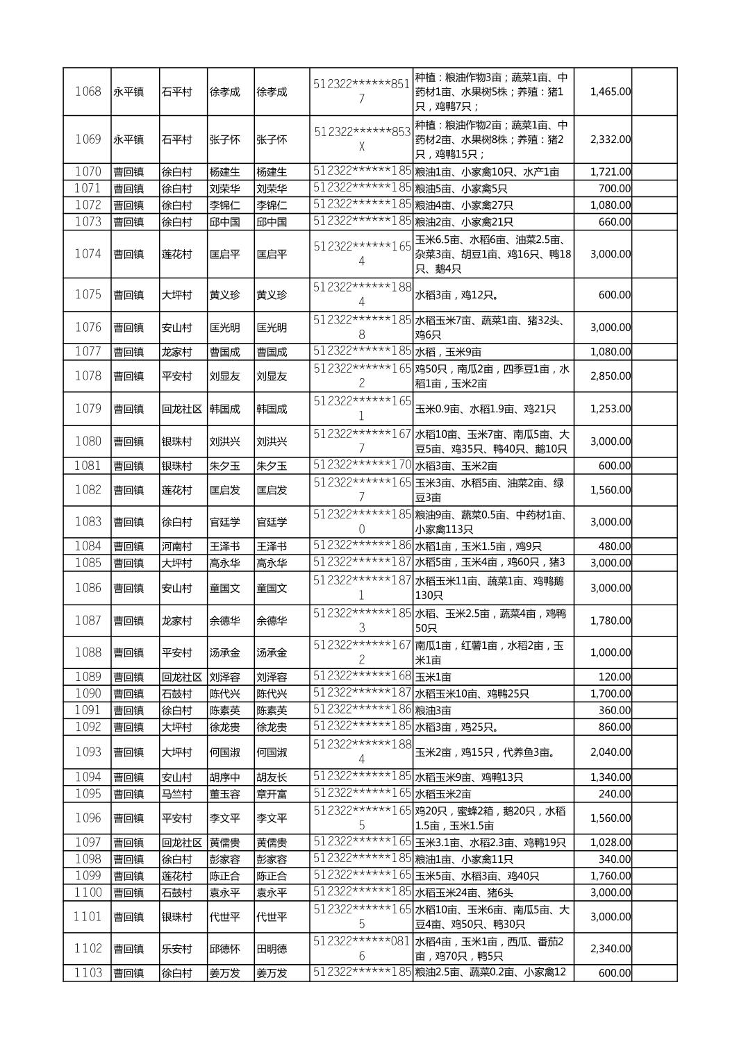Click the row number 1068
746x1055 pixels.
88,92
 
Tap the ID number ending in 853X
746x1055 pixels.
360,140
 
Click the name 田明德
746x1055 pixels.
272,949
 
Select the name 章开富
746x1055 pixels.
272,794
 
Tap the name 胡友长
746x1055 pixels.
272,777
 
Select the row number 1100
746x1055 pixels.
88,893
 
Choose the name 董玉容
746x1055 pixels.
224,794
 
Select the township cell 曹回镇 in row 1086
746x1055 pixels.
129,588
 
